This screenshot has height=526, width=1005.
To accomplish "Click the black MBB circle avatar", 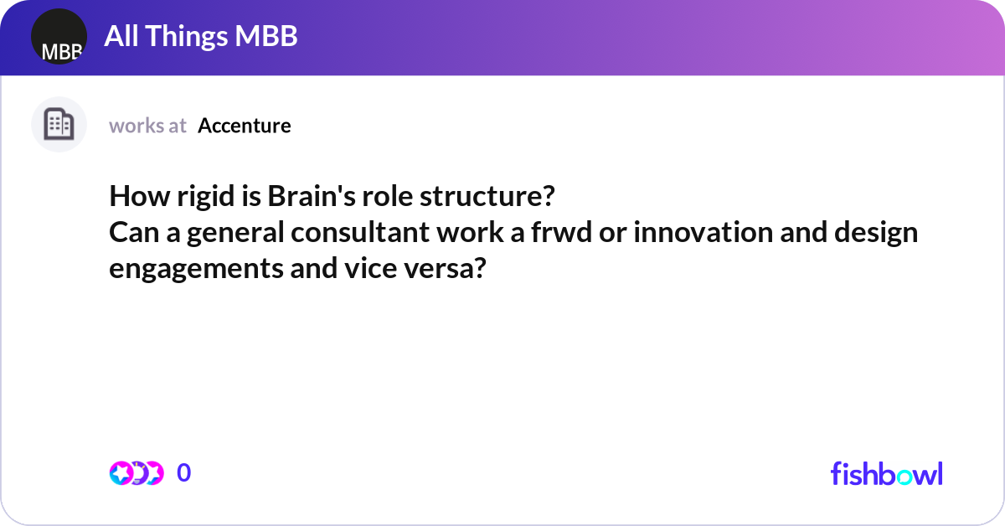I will pyautogui.click(x=59, y=38).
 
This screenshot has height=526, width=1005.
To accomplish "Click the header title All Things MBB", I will pyautogui.click(x=201, y=37).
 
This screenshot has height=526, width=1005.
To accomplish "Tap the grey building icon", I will pyautogui.click(x=59, y=125).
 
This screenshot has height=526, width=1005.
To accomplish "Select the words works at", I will pyautogui.click(x=147, y=126).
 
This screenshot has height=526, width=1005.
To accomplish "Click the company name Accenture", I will pyautogui.click(x=245, y=126).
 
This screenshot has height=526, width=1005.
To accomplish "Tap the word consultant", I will pyautogui.click(x=360, y=233).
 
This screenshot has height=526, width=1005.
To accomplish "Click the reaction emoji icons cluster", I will pyautogui.click(x=136, y=473).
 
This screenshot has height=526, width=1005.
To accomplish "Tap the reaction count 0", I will pyautogui.click(x=184, y=473).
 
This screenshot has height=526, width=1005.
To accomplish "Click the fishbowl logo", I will pyautogui.click(x=886, y=473).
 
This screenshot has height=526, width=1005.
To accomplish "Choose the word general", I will pyautogui.click(x=235, y=233).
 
